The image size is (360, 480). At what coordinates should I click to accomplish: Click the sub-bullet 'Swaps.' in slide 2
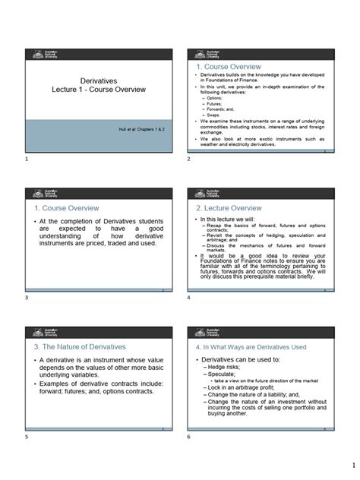(215, 115)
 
